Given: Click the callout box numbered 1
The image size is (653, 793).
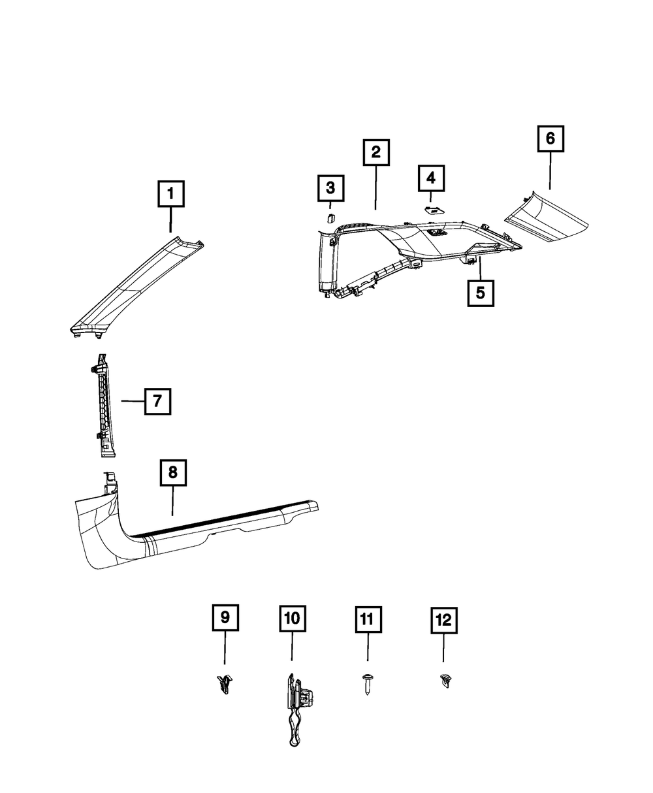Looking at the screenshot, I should point(171,195).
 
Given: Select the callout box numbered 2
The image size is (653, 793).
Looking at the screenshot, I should point(376,153).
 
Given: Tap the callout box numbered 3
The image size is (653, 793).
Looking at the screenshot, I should point(330,189).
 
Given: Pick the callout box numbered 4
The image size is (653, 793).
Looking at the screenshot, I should point(431,177).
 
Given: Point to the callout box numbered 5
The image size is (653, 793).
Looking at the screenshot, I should point(480,293).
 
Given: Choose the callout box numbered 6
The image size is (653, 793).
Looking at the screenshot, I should point(550,138).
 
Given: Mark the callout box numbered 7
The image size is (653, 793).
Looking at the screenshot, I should point(157,401).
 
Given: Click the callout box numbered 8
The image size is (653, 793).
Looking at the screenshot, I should point(173,473).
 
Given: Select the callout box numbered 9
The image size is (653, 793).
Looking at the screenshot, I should point(224,617).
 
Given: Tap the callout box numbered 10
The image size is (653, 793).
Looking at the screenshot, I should point(292,617).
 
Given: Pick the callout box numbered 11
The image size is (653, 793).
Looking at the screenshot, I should point(367,618).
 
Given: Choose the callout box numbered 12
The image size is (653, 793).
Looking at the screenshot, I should point(443,619).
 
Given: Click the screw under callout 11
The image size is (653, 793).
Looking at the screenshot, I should point(366,685).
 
